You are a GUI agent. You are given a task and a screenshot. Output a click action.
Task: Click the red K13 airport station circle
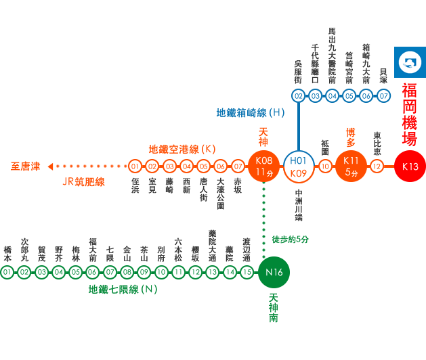pyautogui.click(x=410, y=166)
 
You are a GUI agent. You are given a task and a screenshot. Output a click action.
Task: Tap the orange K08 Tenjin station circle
pyautogui.click(x=264, y=166)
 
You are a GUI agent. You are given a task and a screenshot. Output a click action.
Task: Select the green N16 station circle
pyautogui.click(x=274, y=272)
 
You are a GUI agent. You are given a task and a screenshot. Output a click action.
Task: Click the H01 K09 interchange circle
pyautogui.click(x=299, y=166)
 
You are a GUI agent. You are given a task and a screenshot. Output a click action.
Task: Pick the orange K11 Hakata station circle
pyautogui.click(x=351, y=166)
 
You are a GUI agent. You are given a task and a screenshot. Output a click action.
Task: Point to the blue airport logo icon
pyautogui.click(x=410, y=62)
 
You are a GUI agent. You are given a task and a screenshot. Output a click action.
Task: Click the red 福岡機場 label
pyautogui.click(x=410, y=114)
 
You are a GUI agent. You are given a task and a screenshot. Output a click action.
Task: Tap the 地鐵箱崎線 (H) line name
pyautogui.click(x=250, y=113)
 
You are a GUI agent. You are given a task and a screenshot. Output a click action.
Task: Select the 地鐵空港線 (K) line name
pyautogui.click(x=182, y=150)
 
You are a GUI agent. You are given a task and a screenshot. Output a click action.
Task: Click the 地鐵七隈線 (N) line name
pyautogui.click(x=123, y=290)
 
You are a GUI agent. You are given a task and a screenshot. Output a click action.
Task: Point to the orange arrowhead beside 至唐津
pyautogui.click(x=50, y=166)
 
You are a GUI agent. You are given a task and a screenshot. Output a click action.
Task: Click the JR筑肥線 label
pyautogui.click(x=84, y=182)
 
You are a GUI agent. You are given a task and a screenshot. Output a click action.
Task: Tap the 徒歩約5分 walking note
pyautogui.click(x=290, y=240)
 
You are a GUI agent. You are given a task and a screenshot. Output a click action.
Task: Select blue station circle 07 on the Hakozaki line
pyautogui.click(x=383, y=96)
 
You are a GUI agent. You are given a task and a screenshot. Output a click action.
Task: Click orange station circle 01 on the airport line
pyautogui.click(x=135, y=166)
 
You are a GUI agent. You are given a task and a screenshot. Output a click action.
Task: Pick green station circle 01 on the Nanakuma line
pyautogui.click(x=7, y=272)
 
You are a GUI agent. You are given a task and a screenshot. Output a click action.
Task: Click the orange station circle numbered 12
pyautogui.click(x=377, y=166)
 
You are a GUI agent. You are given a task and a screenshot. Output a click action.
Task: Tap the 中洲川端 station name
pyautogui.click(x=299, y=205)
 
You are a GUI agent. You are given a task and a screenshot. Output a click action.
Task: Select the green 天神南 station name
pyautogui.click(x=274, y=308)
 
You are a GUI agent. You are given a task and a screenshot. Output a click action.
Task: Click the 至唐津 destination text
pyautogui.click(x=26, y=166)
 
